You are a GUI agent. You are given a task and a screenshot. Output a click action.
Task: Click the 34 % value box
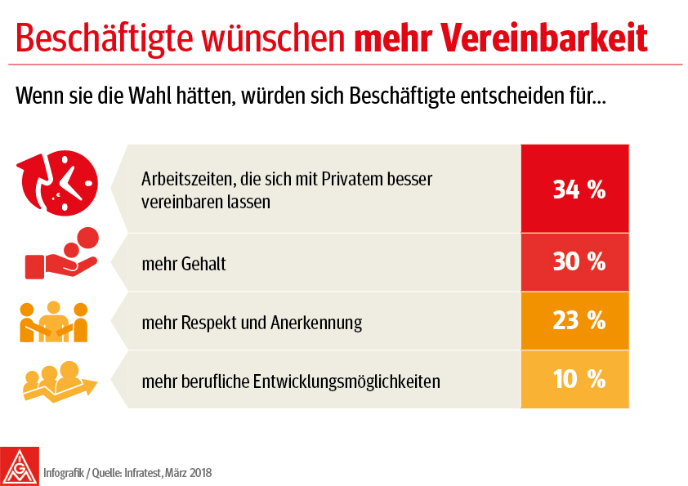(x=574, y=189)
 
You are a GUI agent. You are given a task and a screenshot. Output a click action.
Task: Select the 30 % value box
(x=574, y=262)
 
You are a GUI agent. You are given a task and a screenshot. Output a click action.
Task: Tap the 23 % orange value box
(x=574, y=321)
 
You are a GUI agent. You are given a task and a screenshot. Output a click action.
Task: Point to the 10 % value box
(x=574, y=379)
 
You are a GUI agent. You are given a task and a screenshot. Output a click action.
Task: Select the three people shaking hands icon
(x=53, y=321)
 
